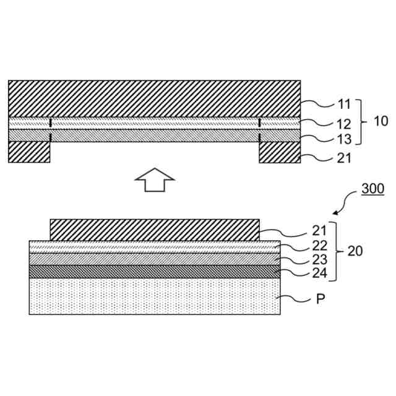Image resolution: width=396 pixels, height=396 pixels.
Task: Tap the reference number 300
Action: coord(372,190)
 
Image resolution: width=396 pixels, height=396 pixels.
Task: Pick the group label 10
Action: coord(381,121)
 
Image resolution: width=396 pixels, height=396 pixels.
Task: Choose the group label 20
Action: coord(355,252)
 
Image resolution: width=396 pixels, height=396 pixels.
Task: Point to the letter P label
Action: coord(321,299)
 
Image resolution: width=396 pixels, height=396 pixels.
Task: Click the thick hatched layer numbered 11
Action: coord(155,98)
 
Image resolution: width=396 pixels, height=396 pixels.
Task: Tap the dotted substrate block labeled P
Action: coord(155,296)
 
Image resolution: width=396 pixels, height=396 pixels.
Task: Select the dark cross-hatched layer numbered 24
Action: coord(155,271)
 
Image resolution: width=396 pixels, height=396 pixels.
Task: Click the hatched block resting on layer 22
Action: coord(155,230)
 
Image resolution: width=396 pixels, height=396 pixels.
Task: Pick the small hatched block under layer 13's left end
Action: coord(29,152)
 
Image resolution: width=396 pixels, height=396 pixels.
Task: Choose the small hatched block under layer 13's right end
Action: coord(280,152)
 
